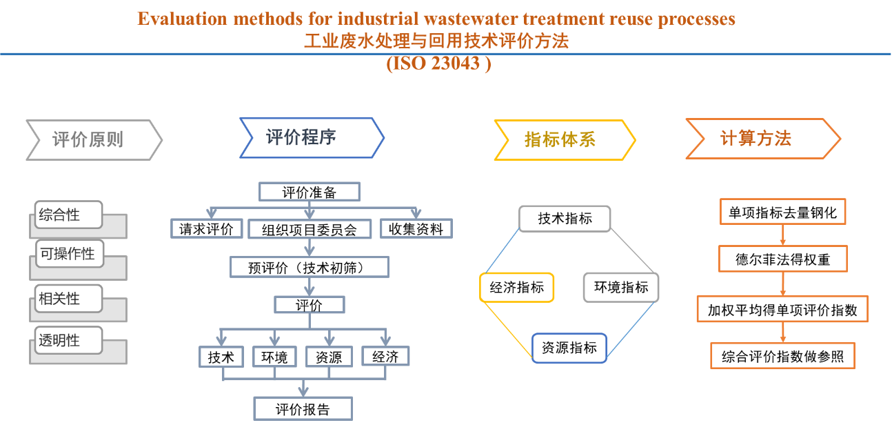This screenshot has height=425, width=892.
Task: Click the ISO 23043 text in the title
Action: coord(438,63)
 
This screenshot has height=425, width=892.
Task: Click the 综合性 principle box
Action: coord(68,215)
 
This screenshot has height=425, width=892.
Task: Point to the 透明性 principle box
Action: coord(68,340)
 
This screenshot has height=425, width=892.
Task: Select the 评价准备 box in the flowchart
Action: coord(309,192)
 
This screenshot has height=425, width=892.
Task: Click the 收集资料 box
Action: coord(416,229)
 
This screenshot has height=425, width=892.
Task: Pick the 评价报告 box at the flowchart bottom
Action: coord(303,409)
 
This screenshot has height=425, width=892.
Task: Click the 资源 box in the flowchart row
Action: coord(329,357)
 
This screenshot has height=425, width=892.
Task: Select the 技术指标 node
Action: coord(565,219)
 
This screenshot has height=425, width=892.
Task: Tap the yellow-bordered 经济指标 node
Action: coord(516,288)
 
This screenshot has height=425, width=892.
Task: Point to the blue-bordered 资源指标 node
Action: coord(569,348)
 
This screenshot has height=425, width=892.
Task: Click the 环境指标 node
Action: coord(621,288)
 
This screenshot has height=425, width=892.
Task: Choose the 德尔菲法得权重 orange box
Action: coord(782,260)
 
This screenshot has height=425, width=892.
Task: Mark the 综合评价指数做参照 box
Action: coord(782,357)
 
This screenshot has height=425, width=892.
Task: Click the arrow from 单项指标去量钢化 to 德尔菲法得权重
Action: coord(783,235)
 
